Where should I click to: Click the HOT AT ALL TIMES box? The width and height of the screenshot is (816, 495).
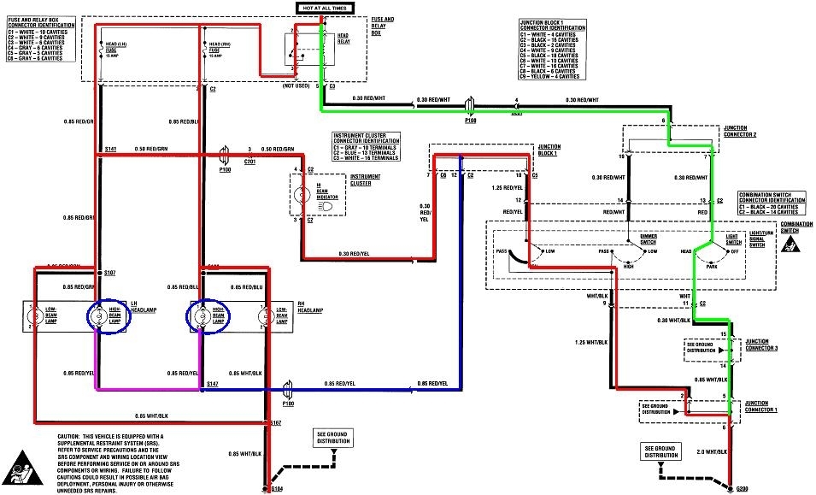[x=324, y=8]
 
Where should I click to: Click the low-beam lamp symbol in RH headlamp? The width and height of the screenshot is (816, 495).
[x=265, y=317]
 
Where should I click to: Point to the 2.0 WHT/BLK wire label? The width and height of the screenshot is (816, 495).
[x=712, y=451]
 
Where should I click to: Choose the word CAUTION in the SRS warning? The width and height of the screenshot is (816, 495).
[x=59, y=435]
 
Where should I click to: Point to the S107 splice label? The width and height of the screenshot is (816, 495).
[x=109, y=273]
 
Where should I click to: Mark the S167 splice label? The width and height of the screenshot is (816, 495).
[x=276, y=423]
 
